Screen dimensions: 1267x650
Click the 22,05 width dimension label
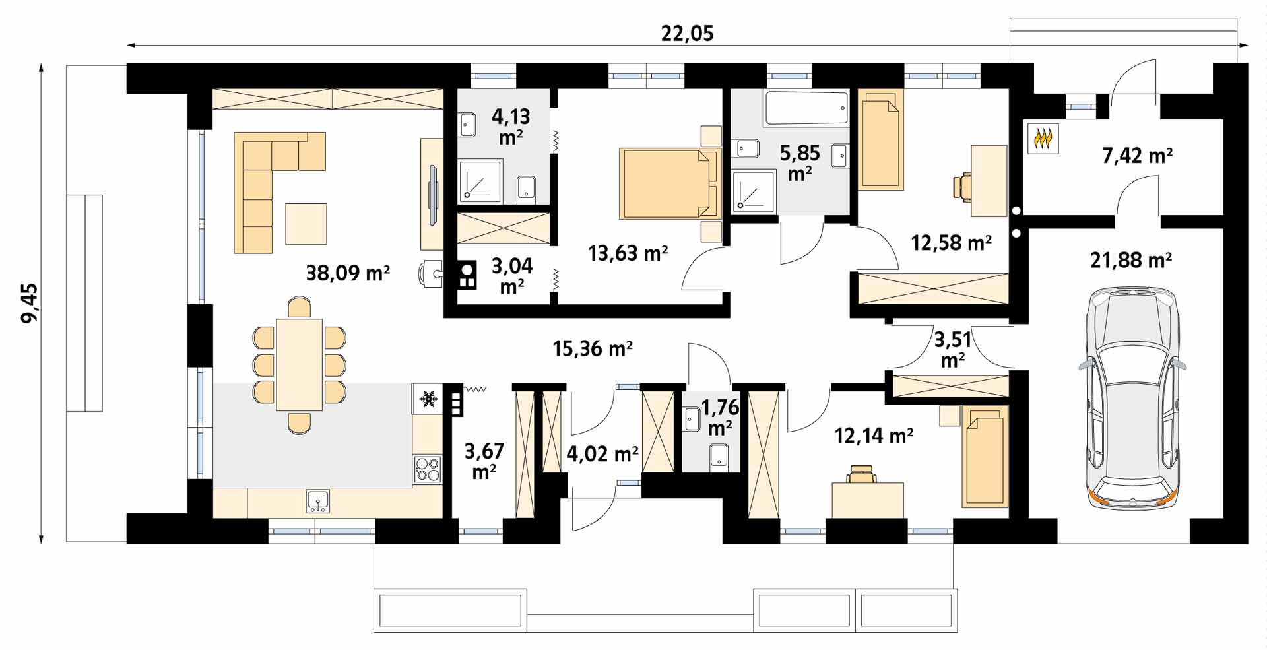point(687,33)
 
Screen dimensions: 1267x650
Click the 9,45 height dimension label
point(30,304)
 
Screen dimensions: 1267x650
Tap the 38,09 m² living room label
point(348,273)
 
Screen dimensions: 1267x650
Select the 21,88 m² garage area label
point(1130,260)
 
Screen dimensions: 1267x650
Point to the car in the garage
point(1132,398)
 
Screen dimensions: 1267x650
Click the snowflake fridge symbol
point(429,399)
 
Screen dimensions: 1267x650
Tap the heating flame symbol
point(1043,139)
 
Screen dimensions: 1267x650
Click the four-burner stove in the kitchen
point(428,469)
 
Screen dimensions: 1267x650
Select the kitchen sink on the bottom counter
point(318,502)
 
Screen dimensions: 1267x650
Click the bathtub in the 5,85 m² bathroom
point(806,108)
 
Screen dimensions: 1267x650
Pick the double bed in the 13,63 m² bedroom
point(669,183)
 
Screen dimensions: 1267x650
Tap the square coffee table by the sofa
point(306,224)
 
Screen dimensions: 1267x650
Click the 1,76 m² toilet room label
point(719,417)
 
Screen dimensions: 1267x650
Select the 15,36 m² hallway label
point(593,348)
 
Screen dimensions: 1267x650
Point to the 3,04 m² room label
point(512,276)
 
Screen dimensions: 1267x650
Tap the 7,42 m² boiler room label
point(1137,156)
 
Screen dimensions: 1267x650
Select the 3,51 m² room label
point(953,350)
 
